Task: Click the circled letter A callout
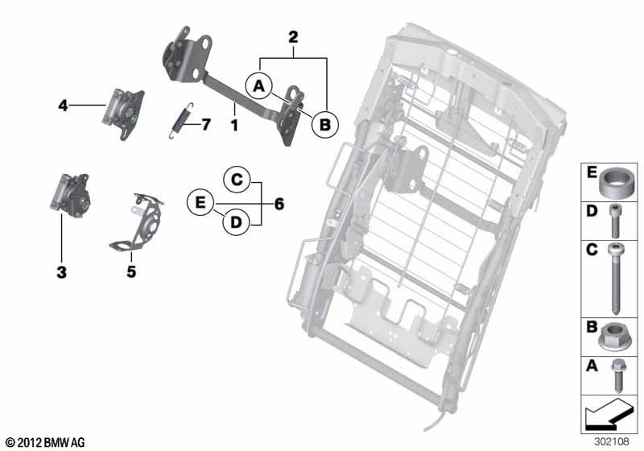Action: click(258, 87)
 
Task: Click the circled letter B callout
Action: click(324, 124)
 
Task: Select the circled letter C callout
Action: click(237, 180)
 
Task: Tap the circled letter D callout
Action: click(236, 222)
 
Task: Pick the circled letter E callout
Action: click(200, 202)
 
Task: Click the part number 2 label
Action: click(293, 37)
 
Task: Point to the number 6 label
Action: click(279, 204)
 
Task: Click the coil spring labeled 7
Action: click(180, 120)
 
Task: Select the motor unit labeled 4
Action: click(123, 114)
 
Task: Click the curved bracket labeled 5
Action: click(136, 221)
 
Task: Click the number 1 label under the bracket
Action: click(234, 125)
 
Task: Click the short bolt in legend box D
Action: click(614, 221)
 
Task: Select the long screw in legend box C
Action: click(615, 278)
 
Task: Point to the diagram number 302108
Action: click(612, 441)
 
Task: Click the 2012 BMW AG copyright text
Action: click(46, 442)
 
